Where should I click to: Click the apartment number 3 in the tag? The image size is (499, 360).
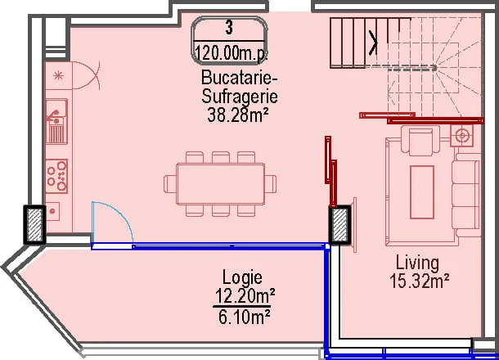click(229, 27)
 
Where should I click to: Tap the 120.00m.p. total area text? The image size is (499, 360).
click(231, 52)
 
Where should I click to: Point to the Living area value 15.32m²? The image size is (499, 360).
click(419, 281)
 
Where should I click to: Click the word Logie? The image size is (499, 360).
click(242, 278)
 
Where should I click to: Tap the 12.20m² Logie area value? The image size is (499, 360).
click(245, 296)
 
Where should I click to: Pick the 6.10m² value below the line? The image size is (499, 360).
click(245, 317)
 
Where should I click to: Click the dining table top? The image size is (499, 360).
click(221, 183)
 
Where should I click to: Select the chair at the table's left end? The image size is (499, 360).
click(169, 183)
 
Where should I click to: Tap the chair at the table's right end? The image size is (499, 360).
click(271, 183)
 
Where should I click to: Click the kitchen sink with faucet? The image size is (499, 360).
click(56, 121)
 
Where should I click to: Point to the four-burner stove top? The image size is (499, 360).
click(56, 177)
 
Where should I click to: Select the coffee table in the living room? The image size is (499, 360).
click(422, 192)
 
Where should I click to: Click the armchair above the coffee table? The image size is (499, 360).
click(420, 141)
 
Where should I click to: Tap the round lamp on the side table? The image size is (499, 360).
click(461, 136)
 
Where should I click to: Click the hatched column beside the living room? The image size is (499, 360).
click(339, 225)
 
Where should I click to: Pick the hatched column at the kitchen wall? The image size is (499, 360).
click(34, 225)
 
